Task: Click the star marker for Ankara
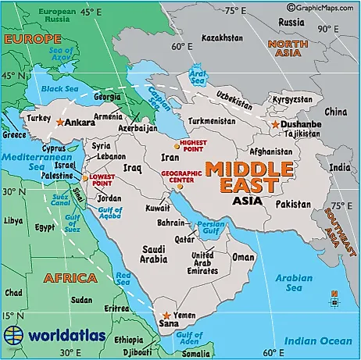click(x=59, y=122)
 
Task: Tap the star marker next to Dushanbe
click(x=275, y=124)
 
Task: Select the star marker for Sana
click(x=166, y=315)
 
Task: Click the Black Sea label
click(x=55, y=89)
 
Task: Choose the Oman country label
click(x=244, y=257)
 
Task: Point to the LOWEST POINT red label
click(x=103, y=180)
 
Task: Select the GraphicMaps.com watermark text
click(x=322, y=5)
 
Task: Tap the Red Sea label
click(x=123, y=278)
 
